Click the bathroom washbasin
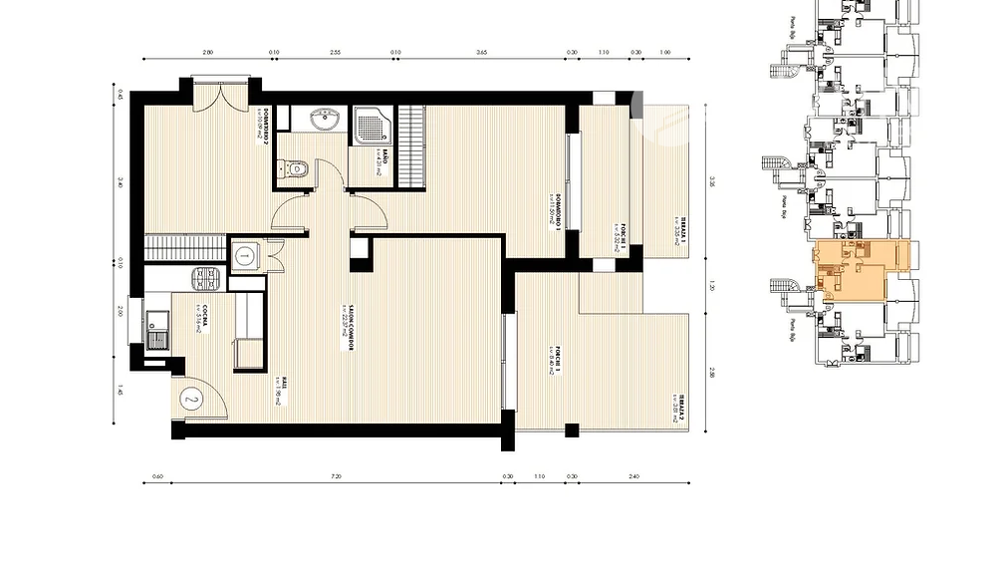(324, 122)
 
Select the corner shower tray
(372, 124)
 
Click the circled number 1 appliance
(245, 256)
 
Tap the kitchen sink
(157, 330)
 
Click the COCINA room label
(203, 317)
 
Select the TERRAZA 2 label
(676, 407)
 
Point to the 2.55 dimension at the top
(336, 52)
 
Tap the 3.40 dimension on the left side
(120, 182)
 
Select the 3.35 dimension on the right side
(712, 182)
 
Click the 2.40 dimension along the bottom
(633, 476)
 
